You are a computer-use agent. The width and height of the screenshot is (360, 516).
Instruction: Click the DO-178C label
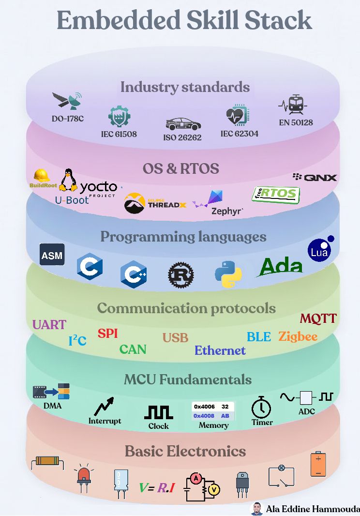click(x=67, y=119)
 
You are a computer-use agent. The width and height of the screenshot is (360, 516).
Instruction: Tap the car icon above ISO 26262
click(x=183, y=124)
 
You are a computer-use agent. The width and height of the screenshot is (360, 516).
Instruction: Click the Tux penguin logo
click(x=68, y=180)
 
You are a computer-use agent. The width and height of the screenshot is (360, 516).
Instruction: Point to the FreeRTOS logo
click(x=276, y=195)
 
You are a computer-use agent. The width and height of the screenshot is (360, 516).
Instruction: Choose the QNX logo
click(x=315, y=177)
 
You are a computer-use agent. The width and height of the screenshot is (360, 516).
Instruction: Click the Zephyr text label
click(x=227, y=211)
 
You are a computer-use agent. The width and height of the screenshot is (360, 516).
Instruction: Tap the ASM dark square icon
click(x=52, y=255)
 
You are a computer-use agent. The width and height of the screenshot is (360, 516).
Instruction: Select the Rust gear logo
click(x=180, y=275)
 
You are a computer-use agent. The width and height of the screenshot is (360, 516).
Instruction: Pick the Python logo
click(x=228, y=274)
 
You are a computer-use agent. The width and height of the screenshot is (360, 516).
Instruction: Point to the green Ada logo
click(x=280, y=267)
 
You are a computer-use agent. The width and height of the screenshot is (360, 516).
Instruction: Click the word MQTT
click(x=318, y=318)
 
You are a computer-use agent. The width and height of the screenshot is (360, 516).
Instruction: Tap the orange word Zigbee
click(x=298, y=336)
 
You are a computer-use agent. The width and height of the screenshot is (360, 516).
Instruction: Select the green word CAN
click(x=133, y=349)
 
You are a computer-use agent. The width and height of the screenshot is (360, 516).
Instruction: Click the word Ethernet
click(x=220, y=350)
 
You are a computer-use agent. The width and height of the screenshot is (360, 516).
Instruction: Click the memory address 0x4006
click(x=204, y=407)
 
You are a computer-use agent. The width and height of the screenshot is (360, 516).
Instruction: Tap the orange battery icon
click(x=318, y=464)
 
